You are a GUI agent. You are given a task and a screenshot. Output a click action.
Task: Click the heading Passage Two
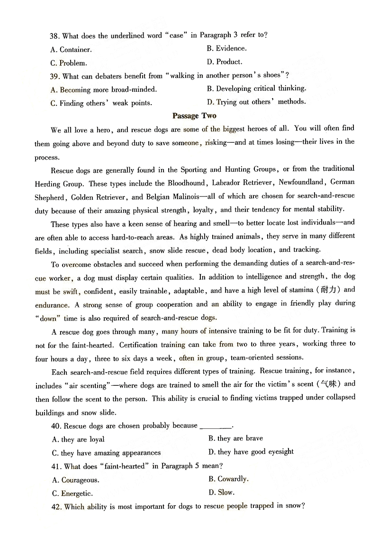[x=194, y=116]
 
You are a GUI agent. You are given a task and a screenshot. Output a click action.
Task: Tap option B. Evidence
[x=226, y=48]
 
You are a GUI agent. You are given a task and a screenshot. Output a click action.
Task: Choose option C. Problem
[x=69, y=63]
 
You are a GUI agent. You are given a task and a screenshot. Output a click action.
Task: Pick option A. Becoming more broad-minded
[x=103, y=89]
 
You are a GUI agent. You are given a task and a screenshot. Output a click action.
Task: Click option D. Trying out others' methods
[x=256, y=102]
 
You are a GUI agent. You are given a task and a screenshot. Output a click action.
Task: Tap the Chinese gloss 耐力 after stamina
[x=330, y=290]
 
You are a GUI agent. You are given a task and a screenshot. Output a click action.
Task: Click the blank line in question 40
[x=217, y=426]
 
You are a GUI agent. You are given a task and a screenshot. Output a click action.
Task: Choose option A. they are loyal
[x=78, y=439]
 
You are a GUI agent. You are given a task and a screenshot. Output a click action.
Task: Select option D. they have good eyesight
[x=251, y=452]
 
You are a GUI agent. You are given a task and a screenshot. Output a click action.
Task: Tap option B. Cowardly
[x=228, y=479]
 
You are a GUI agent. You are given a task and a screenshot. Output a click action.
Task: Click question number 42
[x=56, y=507]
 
